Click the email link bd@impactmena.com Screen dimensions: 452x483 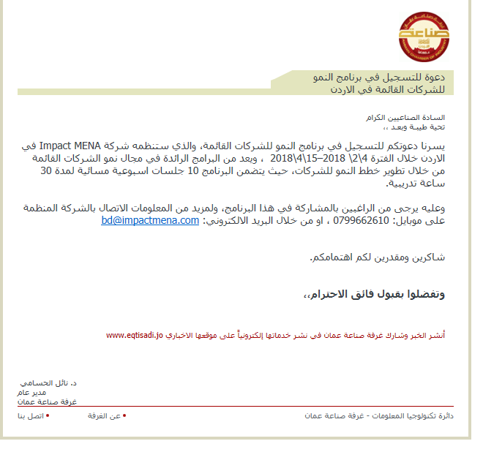pos(150,220)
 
